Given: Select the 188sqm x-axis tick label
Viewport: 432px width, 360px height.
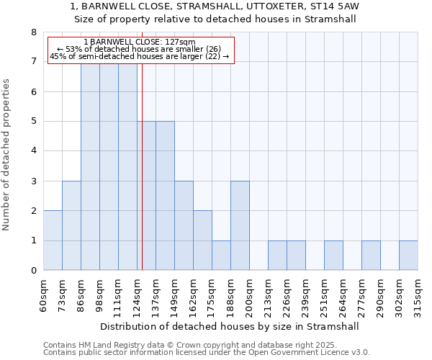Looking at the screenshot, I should click(x=231, y=294).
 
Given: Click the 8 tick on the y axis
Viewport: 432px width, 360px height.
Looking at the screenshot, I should click(x=33, y=32).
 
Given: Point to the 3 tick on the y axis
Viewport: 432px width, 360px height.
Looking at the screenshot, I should click(x=33, y=181).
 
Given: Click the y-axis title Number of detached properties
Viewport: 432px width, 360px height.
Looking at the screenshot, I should click(x=7, y=155).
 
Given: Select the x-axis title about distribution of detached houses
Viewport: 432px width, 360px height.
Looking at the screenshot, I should click(x=229, y=326).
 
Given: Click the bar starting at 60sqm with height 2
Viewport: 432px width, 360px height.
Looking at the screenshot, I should click(x=53, y=240).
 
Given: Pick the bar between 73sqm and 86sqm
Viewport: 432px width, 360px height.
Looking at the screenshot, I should click(x=71, y=225).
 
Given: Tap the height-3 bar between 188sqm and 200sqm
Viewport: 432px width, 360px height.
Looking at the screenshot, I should click(x=240, y=225).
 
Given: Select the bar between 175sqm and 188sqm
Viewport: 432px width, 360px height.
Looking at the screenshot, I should click(x=221, y=256).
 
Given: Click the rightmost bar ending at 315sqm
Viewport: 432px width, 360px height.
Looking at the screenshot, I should click(x=408, y=256).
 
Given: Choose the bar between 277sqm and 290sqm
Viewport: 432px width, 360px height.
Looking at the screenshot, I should click(x=371, y=256).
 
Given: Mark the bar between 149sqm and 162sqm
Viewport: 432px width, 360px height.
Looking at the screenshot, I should click(x=184, y=225).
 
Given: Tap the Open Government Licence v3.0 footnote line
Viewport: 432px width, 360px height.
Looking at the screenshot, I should click(x=207, y=353).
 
